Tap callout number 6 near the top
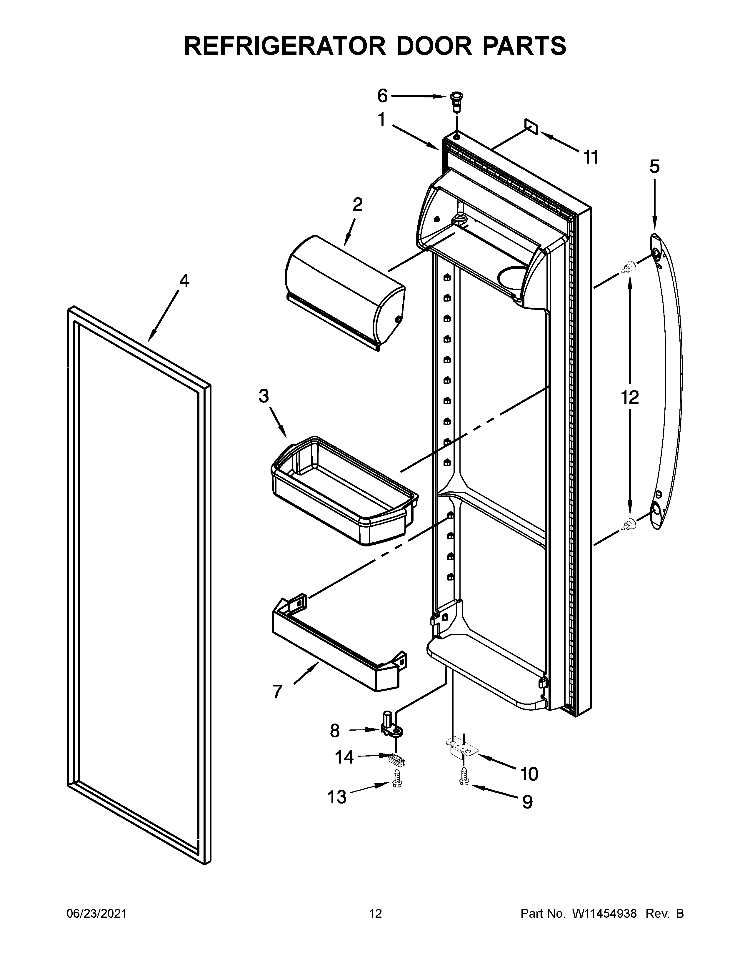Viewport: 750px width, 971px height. [x=382, y=96]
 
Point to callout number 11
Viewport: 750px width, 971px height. [x=591, y=157]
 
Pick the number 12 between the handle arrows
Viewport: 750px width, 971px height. [x=630, y=397]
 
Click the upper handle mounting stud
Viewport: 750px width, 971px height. [x=628, y=267]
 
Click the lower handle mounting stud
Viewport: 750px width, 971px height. [x=628, y=525]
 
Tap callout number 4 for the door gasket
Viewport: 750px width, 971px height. [x=184, y=280]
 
